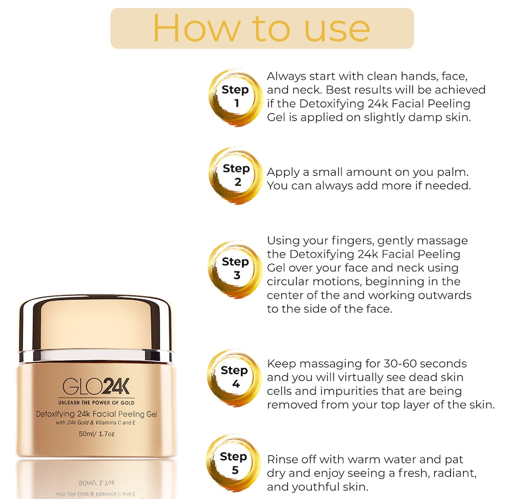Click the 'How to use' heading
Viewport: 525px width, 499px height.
[261, 28]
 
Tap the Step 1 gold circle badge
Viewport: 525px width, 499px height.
[235, 97]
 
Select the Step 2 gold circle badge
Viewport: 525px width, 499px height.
[235, 175]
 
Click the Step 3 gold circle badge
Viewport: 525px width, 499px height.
[235, 268]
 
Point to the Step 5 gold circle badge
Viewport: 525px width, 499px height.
[234, 463]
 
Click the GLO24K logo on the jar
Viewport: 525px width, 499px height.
[96, 386]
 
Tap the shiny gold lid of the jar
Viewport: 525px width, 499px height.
[96, 323]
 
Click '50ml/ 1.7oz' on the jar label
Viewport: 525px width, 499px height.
[96, 433]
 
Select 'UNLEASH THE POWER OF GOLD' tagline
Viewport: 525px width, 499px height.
[96, 402]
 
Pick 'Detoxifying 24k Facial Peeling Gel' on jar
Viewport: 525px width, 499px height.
[96, 414]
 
